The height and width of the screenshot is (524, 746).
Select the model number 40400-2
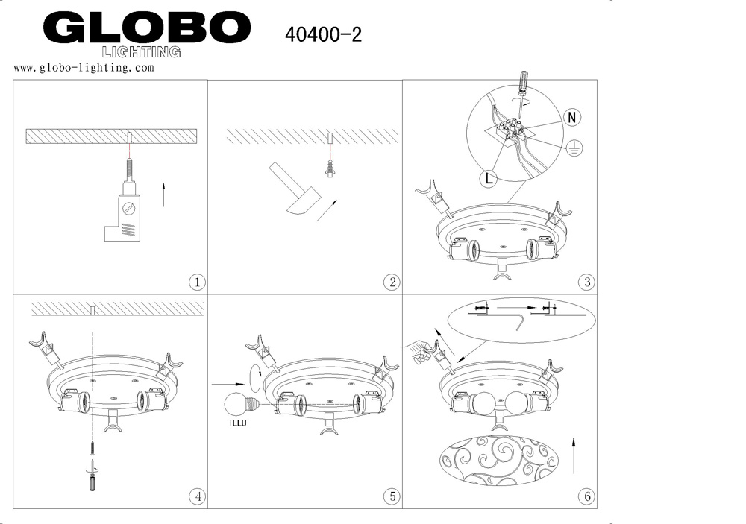pyautogui.click(x=323, y=34)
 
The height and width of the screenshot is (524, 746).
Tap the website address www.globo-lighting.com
pyautogui.click(x=84, y=68)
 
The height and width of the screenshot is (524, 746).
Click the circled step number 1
pyautogui.click(x=197, y=282)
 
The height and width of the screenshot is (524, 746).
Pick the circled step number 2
pyautogui.click(x=392, y=282)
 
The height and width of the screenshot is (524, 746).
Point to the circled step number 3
pyautogui.click(x=586, y=282)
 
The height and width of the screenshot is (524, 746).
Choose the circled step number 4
pyautogui.click(x=197, y=497)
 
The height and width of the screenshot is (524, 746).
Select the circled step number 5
pyautogui.click(x=392, y=497)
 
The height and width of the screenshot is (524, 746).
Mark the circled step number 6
pyautogui.click(x=586, y=497)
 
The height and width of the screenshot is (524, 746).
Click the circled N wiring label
pyautogui.click(x=572, y=117)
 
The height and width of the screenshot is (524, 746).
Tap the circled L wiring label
pyautogui.click(x=489, y=178)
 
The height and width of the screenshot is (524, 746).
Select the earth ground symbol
pyautogui.click(x=574, y=148)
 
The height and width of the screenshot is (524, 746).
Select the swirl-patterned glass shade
pyautogui.click(x=499, y=461)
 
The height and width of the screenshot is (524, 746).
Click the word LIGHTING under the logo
pyautogui.click(x=141, y=52)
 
